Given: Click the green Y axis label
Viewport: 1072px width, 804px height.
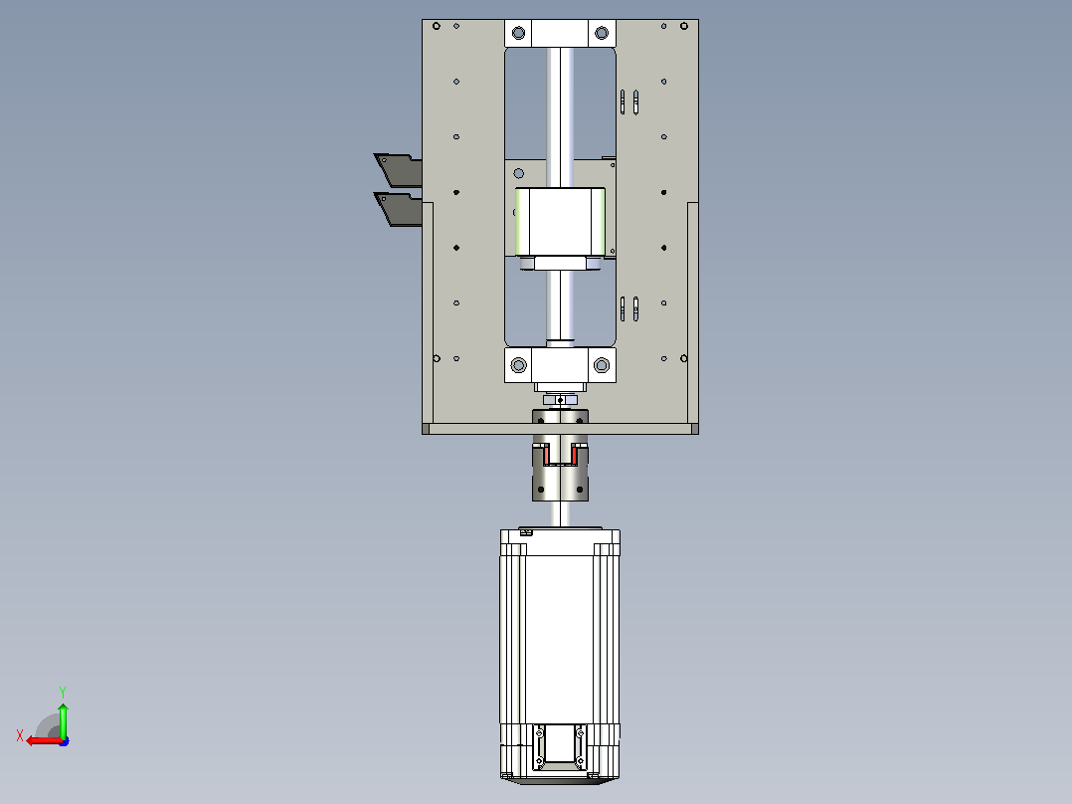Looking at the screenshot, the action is point(63,692).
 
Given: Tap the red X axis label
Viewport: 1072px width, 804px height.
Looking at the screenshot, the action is point(20,735).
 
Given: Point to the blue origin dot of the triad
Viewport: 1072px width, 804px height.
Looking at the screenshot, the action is point(65,741).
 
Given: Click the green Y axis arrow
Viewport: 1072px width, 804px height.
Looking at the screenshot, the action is point(63,719).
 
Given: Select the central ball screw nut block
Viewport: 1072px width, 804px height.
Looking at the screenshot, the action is point(560,222).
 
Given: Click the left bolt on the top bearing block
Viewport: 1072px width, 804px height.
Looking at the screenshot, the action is point(518,33).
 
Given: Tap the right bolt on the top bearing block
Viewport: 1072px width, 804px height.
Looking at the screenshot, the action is point(602,33).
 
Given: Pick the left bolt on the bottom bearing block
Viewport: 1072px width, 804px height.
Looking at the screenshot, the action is point(519,365).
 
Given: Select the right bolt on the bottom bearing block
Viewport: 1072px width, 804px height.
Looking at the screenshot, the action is point(602,365).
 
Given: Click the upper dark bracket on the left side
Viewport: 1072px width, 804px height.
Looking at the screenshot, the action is point(399,170).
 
